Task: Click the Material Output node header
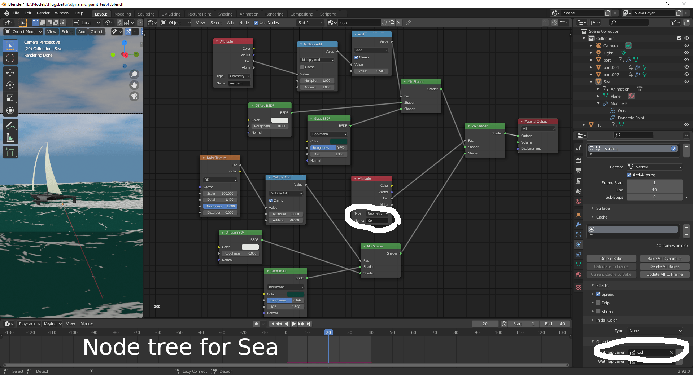(x=537, y=122)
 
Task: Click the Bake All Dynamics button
(x=664, y=259)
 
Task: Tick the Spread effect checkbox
(x=598, y=294)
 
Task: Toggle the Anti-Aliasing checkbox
(x=629, y=175)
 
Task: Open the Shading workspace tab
(x=225, y=14)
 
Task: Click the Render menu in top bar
(x=43, y=13)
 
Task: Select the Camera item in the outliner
(x=610, y=46)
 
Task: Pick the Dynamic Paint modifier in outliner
(x=631, y=118)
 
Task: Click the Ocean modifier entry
(x=623, y=111)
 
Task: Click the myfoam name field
(x=239, y=83)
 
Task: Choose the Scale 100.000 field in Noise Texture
(x=220, y=194)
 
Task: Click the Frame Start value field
(x=654, y=183)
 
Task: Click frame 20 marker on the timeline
(x=328, y=332)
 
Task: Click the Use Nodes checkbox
(x=256, y=23)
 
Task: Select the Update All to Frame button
(x=664, y=274)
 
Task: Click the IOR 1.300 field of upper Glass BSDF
(x=328, y=154)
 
